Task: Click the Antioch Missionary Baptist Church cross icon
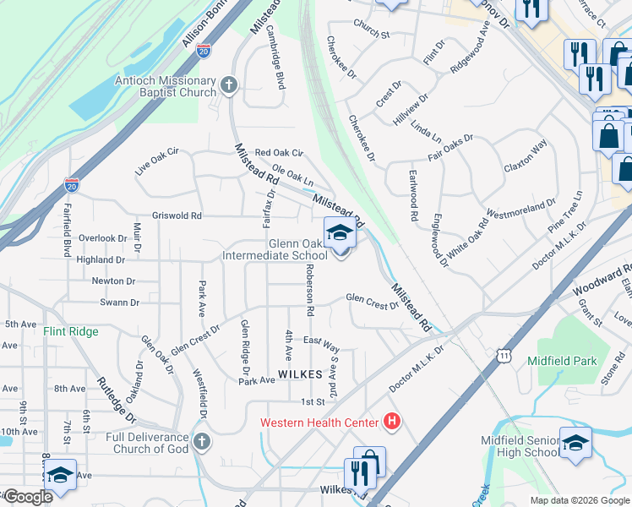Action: tap(229, 85)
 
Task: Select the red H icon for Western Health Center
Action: tap(391, 420)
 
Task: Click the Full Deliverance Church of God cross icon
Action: tap(201, 441)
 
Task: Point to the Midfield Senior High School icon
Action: tap(575, 443)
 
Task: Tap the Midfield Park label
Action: tap(562, 361)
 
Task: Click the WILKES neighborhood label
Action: tap(300, 373)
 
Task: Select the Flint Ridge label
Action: tap(71, 332)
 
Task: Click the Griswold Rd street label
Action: tap(177, 215)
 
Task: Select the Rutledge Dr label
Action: tap(117, 401)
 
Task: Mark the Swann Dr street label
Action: tap(119, 302)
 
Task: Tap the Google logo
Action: tap(28, 496)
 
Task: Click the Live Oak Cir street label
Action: tap(157, 161)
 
